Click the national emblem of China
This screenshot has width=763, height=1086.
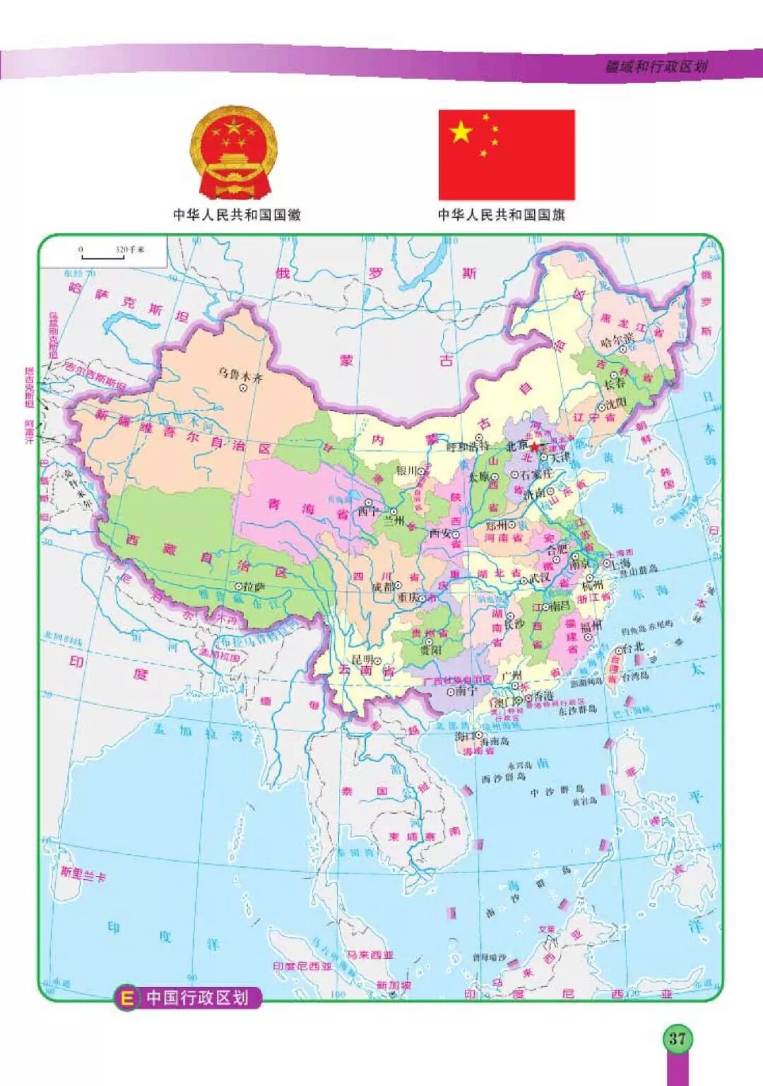(x=234, y=153)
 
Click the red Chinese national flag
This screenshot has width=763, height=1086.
(x=507, y=155)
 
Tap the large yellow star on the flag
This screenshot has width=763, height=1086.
(x=461, y=132)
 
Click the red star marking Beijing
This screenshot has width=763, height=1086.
(x=534, y=447)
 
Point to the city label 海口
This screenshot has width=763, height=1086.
(x=465, y=736)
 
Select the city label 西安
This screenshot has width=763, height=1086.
(x=440, y=533)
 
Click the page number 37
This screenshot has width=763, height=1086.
(x=677, y=1038)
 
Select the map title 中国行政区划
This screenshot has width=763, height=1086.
(x=197, y=998)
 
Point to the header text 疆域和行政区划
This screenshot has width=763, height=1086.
(x=656, y=66)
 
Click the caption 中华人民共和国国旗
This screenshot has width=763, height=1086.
(x=501, y=214)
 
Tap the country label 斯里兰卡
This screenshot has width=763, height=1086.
(x=83, y=873)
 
